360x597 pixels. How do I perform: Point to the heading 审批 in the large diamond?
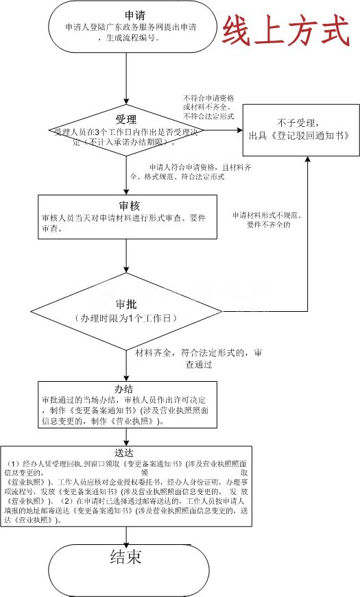(126, 304)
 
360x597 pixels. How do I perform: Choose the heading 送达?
(125, 453)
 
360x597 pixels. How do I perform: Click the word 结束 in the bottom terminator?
(125, 557)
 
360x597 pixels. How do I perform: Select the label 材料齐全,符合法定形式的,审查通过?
(200, 358)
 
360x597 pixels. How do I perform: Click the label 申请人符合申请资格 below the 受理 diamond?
(175, 167)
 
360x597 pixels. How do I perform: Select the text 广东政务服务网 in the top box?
(130, 28)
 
